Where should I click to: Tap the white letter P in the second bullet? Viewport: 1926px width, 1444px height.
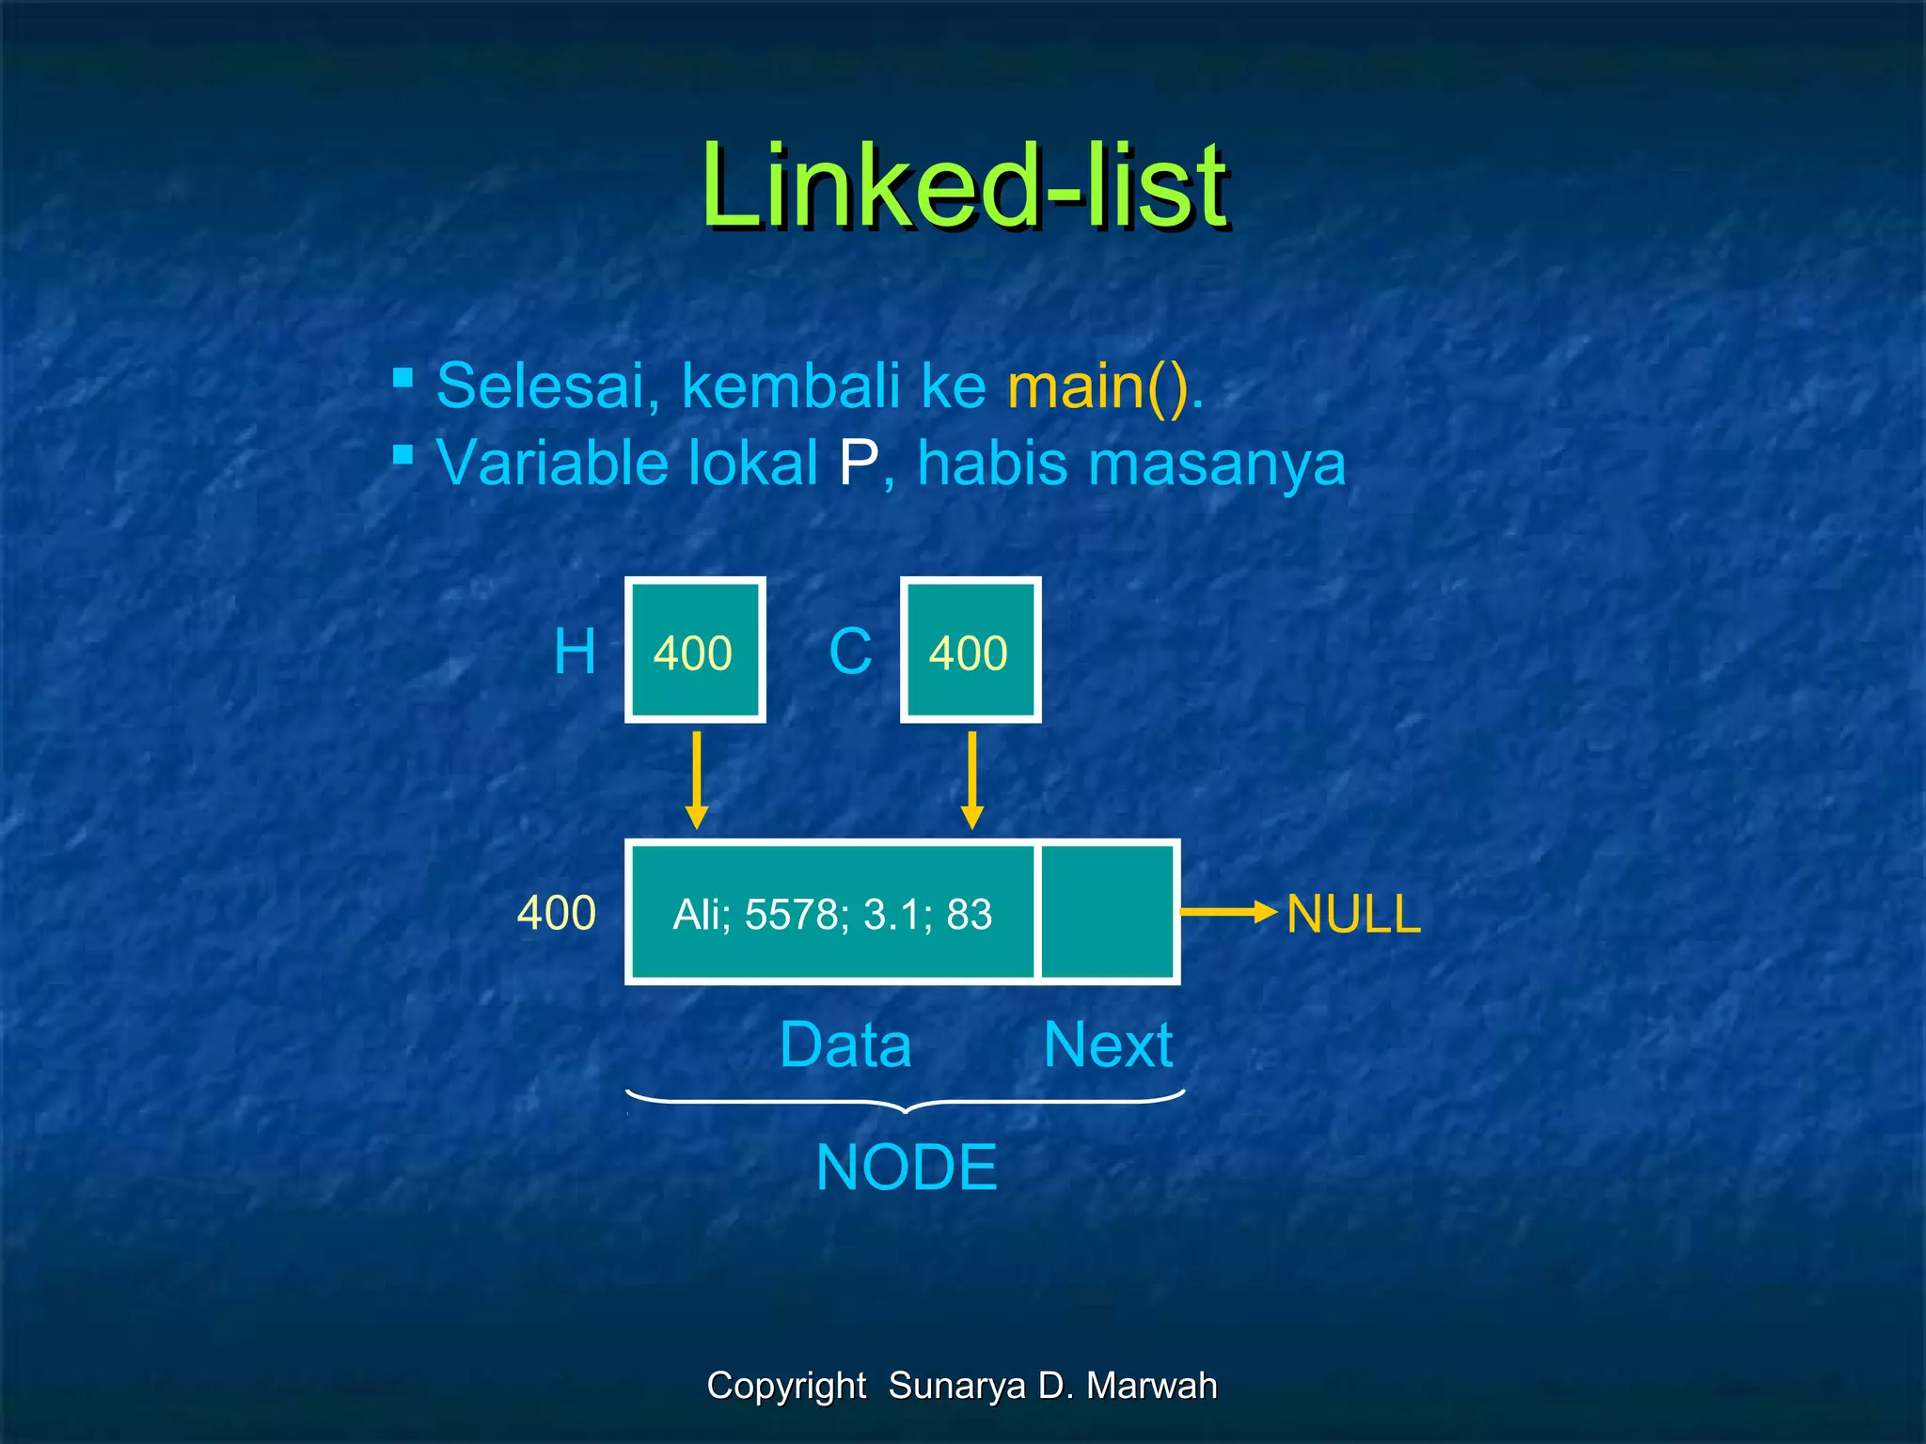click(x=858, y=463)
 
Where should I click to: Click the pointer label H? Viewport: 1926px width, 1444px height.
click(x=575, y=651)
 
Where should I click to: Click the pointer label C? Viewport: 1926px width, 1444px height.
click(x=850, y=651)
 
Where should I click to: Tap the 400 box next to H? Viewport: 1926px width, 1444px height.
click(x=694, y=651)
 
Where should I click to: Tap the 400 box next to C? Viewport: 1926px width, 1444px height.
click(x=970, y=651)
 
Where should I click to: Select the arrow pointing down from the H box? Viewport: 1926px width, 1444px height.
click(x=696, y=780)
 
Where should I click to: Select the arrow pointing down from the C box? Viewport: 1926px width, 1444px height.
click(x=972, y=780)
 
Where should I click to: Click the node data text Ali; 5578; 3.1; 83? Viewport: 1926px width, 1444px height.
click(x=832, y=914)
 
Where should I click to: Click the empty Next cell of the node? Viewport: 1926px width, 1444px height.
click(x=1107, y=912)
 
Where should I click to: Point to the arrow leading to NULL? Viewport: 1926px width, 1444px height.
click(x=1227, y=911)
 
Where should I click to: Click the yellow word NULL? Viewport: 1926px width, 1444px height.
click(x=1353, y=914)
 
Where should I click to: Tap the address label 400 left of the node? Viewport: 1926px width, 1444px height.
click(x=557, y=913)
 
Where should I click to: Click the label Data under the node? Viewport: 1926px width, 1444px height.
click(x=845, y=1044)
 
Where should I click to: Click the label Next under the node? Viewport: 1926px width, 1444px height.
click(x=1108, y=1044)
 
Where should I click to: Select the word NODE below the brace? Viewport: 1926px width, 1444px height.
click(x=907, y=1168)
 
